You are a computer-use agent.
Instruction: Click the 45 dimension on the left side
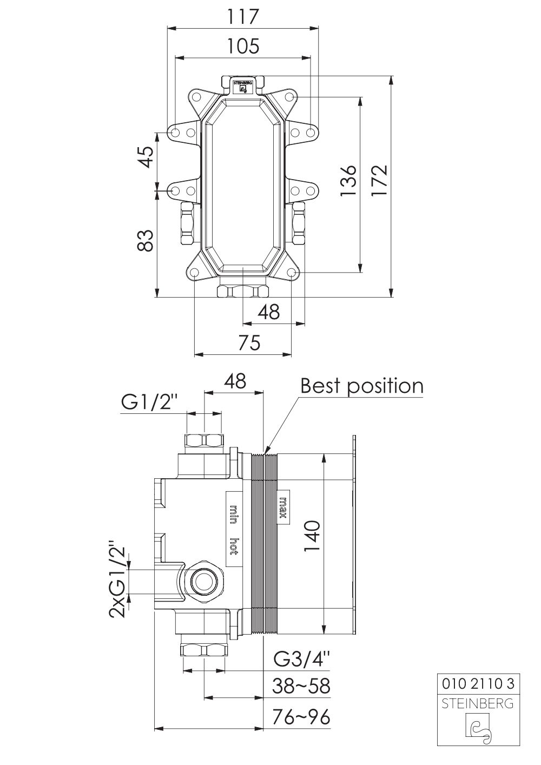click(x=146, y=157)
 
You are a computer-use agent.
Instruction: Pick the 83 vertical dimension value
click(x=146, y=240)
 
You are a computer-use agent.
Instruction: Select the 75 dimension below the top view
click(x=249, y=342)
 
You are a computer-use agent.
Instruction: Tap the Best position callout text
click(x=362, y=386)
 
